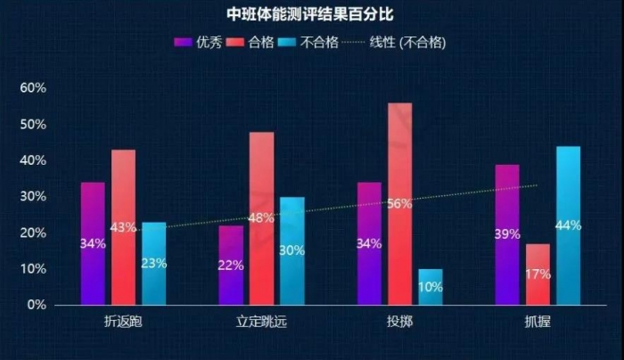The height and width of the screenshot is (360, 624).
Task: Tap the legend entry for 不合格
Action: pos(308,43)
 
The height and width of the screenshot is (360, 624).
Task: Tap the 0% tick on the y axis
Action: pos(36,305)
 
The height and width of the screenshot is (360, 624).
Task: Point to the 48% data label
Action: pos(260,218)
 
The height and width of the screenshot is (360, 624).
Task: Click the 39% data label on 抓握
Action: pos(507,234)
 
